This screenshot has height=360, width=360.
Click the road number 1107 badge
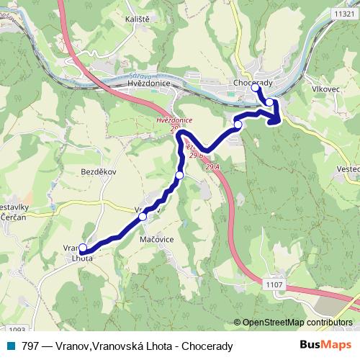point(275,284)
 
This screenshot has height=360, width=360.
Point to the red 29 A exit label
point(212,167)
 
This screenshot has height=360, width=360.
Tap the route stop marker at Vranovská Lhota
point(83,248)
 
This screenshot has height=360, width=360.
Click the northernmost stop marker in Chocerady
point(255,89)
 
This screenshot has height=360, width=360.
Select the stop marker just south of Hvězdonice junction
point(179,175)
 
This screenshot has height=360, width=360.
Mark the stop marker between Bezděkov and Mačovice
point(143,216)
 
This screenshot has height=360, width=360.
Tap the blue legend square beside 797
point(12,346)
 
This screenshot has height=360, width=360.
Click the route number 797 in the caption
point(31,346)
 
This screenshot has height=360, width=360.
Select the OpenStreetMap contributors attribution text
point(297,322)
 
